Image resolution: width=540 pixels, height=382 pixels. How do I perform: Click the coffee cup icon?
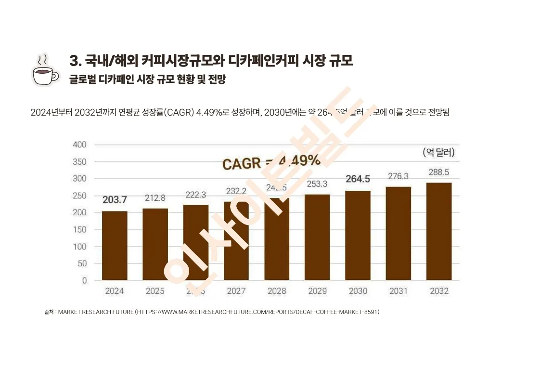pos(45,70)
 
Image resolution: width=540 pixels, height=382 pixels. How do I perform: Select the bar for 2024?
pos(115,245)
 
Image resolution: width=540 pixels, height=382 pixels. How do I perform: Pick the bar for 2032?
pos(439,231)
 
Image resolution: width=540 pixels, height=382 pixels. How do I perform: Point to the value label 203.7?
pos(115,199)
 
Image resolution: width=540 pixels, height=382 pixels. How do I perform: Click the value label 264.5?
pos(358,179)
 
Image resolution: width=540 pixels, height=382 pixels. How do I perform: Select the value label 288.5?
pos(439,172)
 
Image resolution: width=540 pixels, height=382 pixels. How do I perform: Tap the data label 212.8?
pos(155,198)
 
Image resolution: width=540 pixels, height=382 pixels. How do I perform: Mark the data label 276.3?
pos(398,176)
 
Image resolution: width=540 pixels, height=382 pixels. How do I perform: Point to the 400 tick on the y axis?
pos(79,145)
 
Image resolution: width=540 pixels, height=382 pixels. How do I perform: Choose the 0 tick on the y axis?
pos(84,280)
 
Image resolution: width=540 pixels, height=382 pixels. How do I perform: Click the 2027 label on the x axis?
pos(236,291)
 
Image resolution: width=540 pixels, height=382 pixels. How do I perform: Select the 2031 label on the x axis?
pos(398,291)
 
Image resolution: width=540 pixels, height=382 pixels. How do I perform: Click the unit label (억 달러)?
pos(438,153)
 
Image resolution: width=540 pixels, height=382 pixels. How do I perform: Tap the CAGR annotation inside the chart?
pos(271,162)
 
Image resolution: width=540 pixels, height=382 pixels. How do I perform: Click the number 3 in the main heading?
pos(74,61)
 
